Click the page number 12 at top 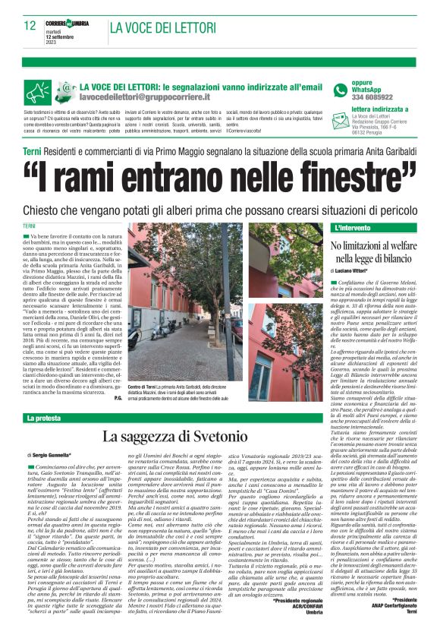30,26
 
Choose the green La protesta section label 45,418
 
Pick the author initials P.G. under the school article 118,397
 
